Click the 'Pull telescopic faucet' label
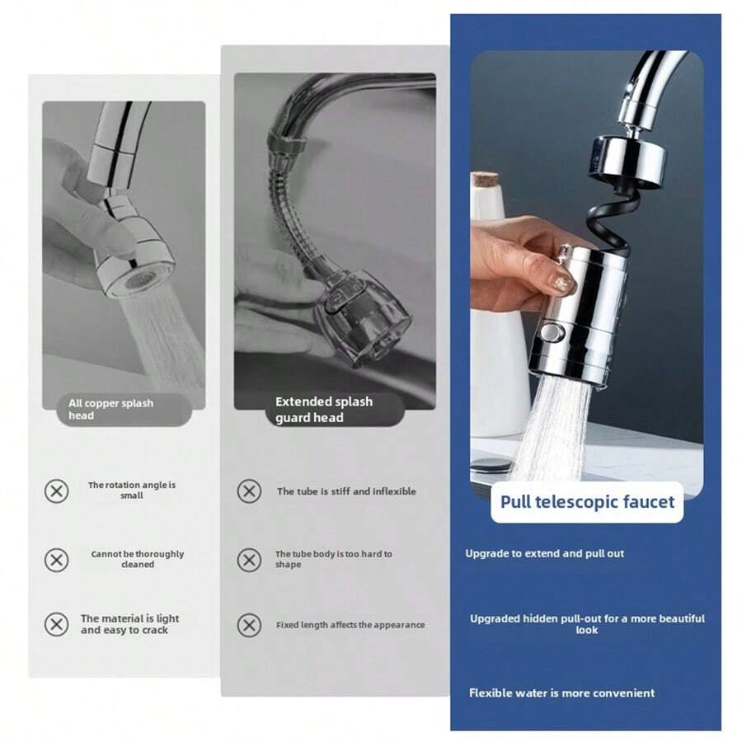tap(587, 502)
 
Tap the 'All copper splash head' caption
tap(110, 410)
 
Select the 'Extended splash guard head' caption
tap(323, 410)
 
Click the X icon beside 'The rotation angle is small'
tap(56, 491)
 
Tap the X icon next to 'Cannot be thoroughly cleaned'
tap(56, 561)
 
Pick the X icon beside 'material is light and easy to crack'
tap(56, 625)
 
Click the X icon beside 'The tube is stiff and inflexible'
tap(249, 491)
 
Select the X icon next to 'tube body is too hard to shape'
tap(249, 561)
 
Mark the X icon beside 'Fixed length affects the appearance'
tap(249, 625)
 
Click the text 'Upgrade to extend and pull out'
tap(544, 554)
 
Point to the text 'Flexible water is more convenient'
tap(561, 693)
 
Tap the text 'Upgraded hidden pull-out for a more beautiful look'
tap(587, 624)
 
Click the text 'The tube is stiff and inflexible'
tap(346, 491)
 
